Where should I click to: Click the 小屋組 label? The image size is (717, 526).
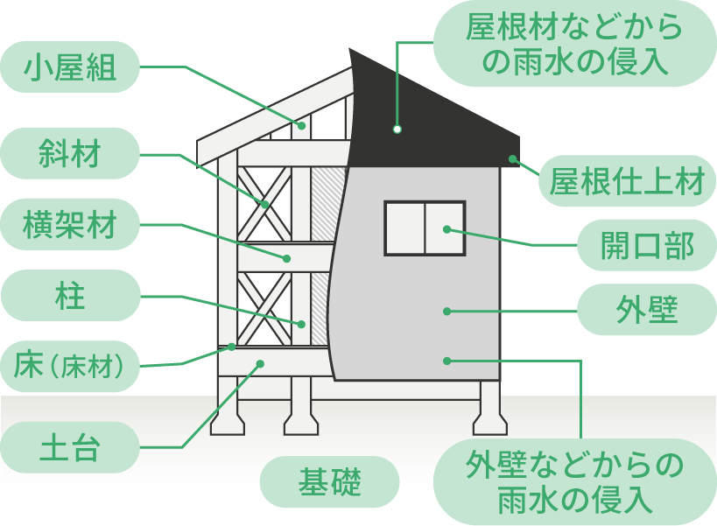pyautogui.click(x=70, y=67)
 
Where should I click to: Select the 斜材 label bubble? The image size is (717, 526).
pyautogui.click(x=70, y=154)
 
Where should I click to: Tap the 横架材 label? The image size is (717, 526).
pyautogui.click(x=70, y=225)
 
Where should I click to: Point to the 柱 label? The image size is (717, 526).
pyautogui.click(x=70, y=296)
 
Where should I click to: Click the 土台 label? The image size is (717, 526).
pyautogui.click(x=70, y=447)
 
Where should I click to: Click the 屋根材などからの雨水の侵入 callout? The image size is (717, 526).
pyautogui.click(x=571, y=44)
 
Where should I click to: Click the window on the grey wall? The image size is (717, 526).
pyautogui.click(x=425, y=228)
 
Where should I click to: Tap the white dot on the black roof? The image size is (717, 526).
pyautogui.click(x=397, y=129)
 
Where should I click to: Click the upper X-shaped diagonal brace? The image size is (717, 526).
pyautogui.click(x=265, y=204)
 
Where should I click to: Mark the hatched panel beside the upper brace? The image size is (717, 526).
pyautogui.click(x=327, y=203)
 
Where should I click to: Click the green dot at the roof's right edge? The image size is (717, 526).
pyautogui.click(x=511, y=158)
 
